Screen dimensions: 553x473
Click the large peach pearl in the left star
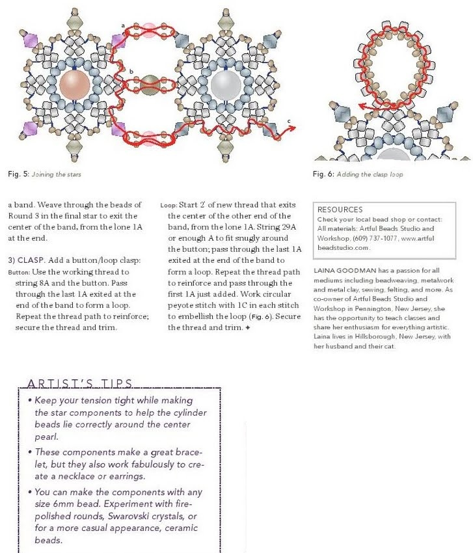pyautogui.click(x=75, y=85)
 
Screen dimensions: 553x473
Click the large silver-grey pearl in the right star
pyautogui.click(x=226, y=85)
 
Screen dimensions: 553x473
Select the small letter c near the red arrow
pyautogui.click(x=289, y=121)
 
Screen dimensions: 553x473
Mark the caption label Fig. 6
pyautogui.click(x=323, y=174)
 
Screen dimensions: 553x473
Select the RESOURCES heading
pyautogui.click(x=340, y=210)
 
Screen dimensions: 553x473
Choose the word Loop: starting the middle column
pyautogui.click(x=168, y=205)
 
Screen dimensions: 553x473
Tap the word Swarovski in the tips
pyautogui.click(x=133, y=516)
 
